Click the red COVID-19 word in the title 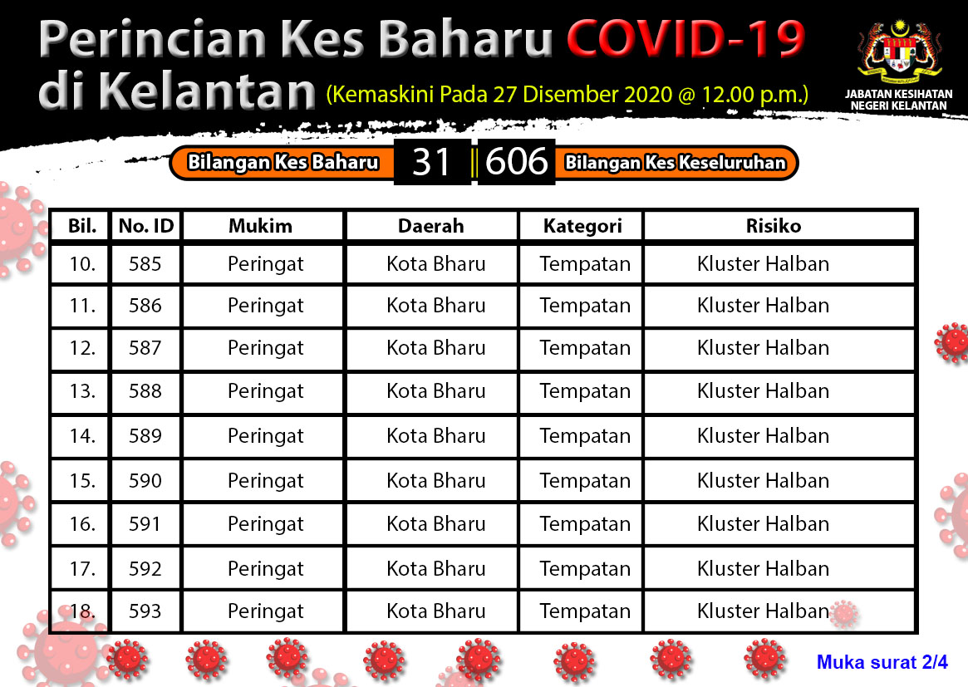(685, 39)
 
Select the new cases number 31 (431, 162)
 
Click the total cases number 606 (516, 162)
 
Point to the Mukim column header (261, 226)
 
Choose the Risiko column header (774, 226)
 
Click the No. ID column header (146, 226)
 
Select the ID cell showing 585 (145, 264)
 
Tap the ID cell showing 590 (145, 481)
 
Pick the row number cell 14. (82, 436)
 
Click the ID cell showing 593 (145, 611)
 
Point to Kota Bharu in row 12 (436, 348)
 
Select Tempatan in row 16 (585, 524)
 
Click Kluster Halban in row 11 (763, 306)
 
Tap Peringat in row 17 (265, 569)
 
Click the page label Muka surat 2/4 (882, 662)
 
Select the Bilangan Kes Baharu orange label (283, 162)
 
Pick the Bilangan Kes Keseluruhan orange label (676, 162)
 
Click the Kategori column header (582, 226)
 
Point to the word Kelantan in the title (208, 91)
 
